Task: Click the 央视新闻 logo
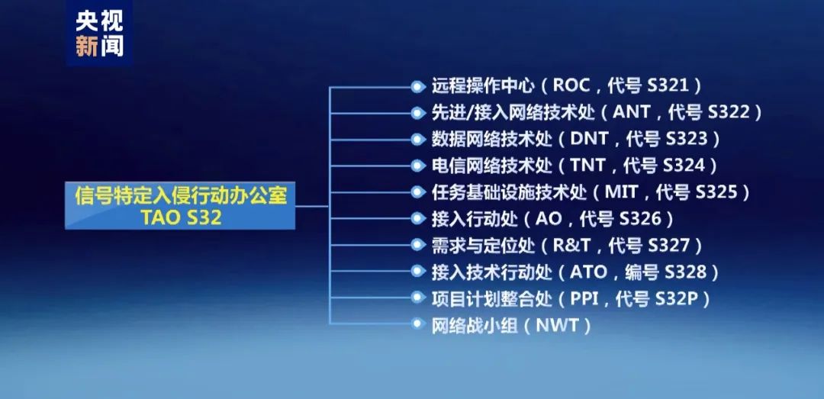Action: [98, 34]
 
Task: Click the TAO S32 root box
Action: [181, 206]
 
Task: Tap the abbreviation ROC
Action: [575, 85]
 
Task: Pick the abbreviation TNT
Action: [587, 165]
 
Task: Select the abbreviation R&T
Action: [571, 246]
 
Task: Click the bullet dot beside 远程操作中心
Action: [417, 86]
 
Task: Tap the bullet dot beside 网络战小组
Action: [417, 325]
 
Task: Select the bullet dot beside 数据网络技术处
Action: [417, 140]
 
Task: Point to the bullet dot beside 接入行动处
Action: [417, 219]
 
